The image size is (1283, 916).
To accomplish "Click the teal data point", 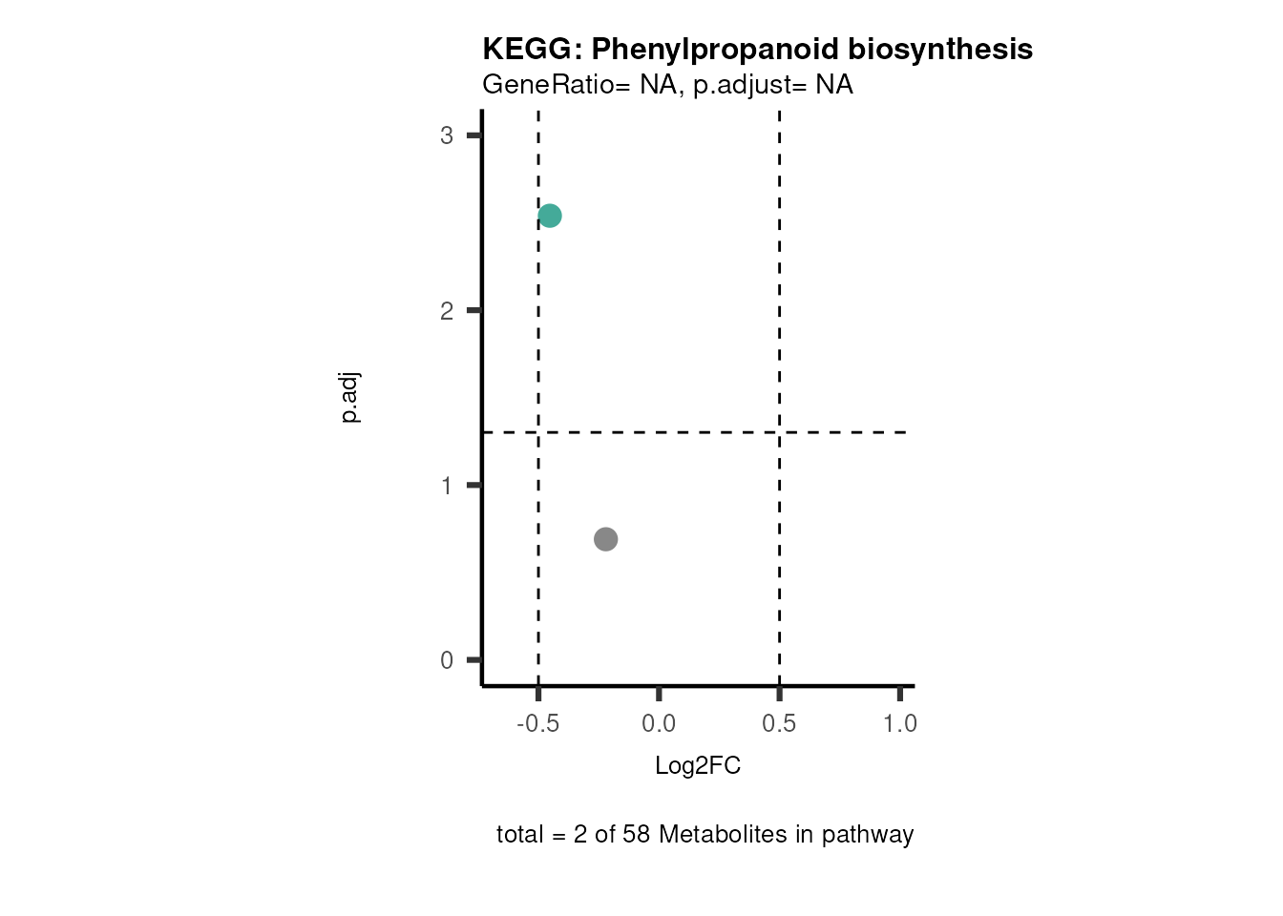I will [x=549, y=216].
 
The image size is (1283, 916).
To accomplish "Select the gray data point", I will [x=605, y=539].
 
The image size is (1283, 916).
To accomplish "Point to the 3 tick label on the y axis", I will [x=447, y=135].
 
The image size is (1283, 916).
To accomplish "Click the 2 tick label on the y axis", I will [x=447, y=311].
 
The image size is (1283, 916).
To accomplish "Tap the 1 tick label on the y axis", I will [x=447, y=486].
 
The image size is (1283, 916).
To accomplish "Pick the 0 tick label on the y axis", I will [x=447, y=660].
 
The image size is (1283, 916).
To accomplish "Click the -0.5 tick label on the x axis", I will [x=537, y=724].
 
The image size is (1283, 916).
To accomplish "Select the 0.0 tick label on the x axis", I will [x=659, y=724].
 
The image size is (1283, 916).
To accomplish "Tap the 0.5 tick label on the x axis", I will [x=779, y=724].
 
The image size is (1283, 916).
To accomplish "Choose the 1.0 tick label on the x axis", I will [x=899, y=724].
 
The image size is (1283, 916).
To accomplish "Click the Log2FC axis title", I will [x=698, y=766].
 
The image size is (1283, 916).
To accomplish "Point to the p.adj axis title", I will [x=350, y=398].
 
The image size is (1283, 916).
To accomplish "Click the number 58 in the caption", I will [x=637, y=835].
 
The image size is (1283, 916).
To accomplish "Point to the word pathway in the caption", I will [x=868, y=835].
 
